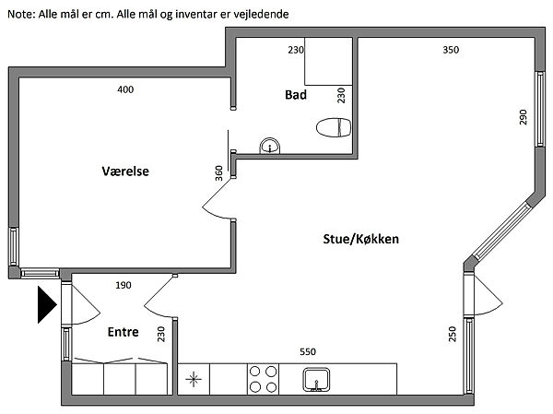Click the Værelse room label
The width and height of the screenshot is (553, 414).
pos(125,172)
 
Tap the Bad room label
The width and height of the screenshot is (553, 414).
pos(296,95)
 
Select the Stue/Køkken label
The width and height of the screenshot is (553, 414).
pos(360,239)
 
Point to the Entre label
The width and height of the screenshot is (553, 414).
pos(124,332)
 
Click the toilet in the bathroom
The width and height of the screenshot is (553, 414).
pos(334,127)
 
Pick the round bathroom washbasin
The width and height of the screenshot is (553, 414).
pos(270,146)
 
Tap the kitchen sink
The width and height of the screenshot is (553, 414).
pos(316,380)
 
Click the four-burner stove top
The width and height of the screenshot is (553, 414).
pos(263,379)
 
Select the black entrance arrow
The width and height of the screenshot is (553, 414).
pos(47,304)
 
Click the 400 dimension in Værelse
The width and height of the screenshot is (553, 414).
pos(125,89)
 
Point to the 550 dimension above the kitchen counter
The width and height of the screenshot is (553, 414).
pos(308,351)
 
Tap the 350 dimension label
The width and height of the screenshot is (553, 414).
pos(451,50)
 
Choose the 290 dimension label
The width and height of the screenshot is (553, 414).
pos(523,117)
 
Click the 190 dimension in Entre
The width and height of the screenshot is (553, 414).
pos(124,285)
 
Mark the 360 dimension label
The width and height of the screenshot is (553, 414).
pos(219,173)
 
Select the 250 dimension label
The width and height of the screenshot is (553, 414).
pos(453,334)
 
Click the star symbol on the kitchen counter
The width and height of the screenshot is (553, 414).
pos(194,380)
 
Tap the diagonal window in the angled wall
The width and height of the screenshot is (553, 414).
pos(501,231)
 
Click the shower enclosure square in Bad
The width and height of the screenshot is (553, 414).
pos(328,61)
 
